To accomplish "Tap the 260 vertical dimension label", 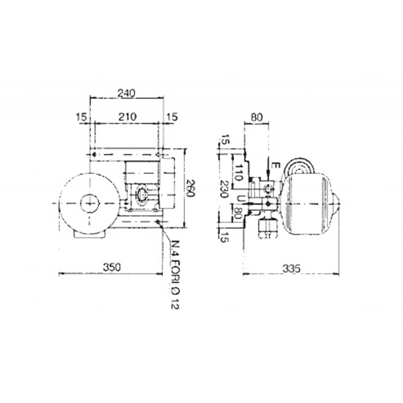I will pyautogui.click(x=190, y=188).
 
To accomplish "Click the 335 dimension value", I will pyautogui.click(x=291, y=268).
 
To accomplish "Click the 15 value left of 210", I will pyautogui.click(x=81, y=117).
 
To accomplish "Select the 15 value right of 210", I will pyautogui.click(x=172, y=117).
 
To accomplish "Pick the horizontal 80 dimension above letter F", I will pyautogui.click(x=256, y=117).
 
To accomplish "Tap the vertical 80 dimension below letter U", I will pyautogui.click(x=240, y=215).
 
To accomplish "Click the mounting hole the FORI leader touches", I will pyautogui.click(x=159, y=222).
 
